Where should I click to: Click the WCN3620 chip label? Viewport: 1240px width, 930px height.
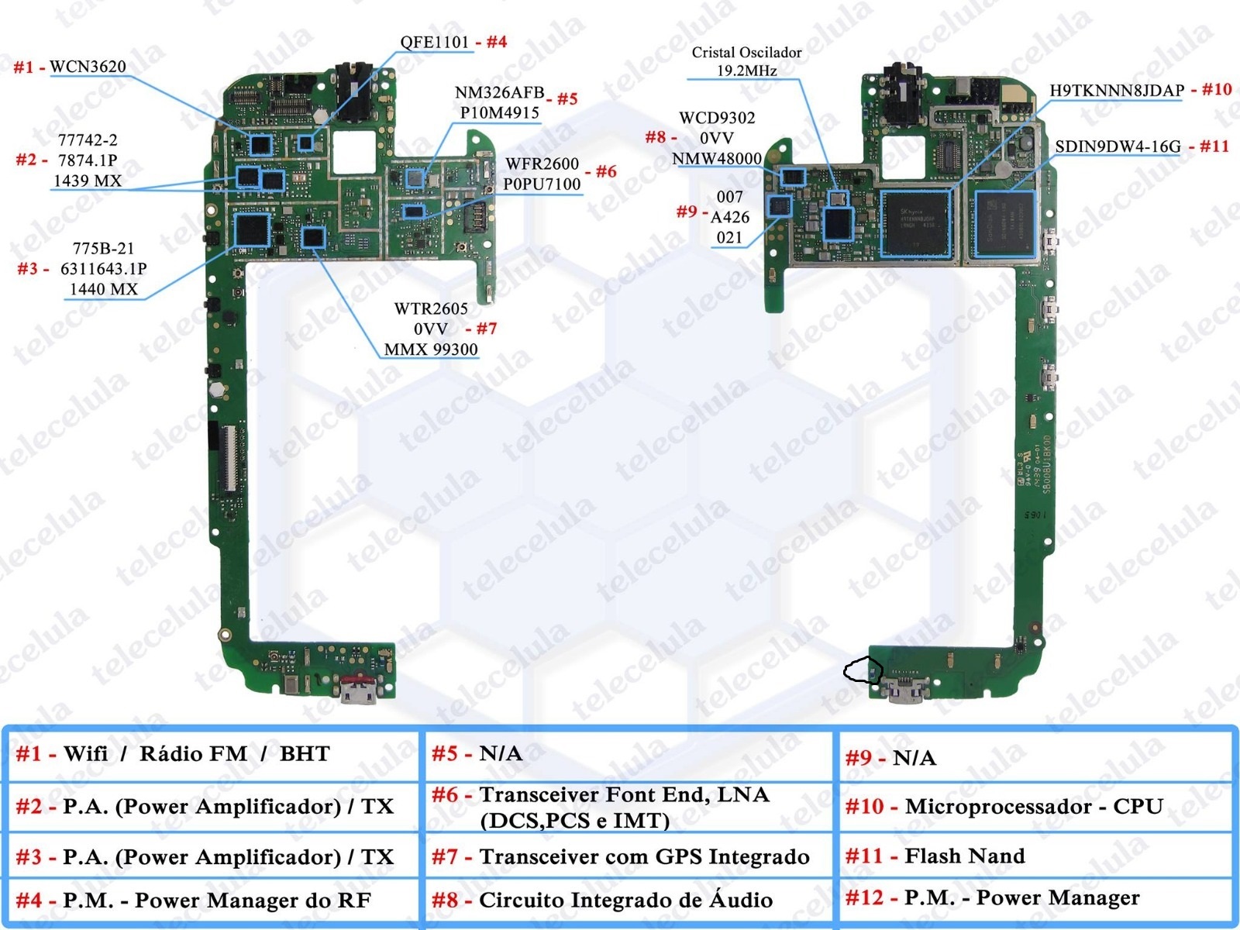(88, 67)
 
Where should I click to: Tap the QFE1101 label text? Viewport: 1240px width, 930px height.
(435, 42)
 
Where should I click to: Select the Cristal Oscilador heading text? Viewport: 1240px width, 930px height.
(746, 53)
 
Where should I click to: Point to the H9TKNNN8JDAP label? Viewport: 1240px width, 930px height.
(1116, 91)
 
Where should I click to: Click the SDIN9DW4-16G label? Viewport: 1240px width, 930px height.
(1118, 146)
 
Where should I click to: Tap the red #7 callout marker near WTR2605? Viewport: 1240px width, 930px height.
(486, 329)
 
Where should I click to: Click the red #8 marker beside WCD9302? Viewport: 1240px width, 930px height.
(656, 138)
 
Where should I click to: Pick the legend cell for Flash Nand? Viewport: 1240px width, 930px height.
(965, 856)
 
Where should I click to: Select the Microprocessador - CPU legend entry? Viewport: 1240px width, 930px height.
(1034, 807)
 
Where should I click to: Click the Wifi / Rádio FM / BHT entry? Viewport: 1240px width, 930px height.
(197, 754)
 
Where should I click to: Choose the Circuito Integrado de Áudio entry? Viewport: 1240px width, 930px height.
(625, 900)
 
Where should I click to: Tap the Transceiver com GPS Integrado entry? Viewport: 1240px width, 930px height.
(644, 856)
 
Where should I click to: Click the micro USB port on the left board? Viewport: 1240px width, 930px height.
(358, 688)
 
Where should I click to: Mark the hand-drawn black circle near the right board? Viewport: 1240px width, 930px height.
(863, 670)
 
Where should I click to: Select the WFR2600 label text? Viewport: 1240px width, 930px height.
(542, 164)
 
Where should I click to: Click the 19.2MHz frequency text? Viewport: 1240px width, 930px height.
(746, 71)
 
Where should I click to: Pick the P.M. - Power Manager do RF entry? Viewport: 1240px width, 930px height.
(216, 901)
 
